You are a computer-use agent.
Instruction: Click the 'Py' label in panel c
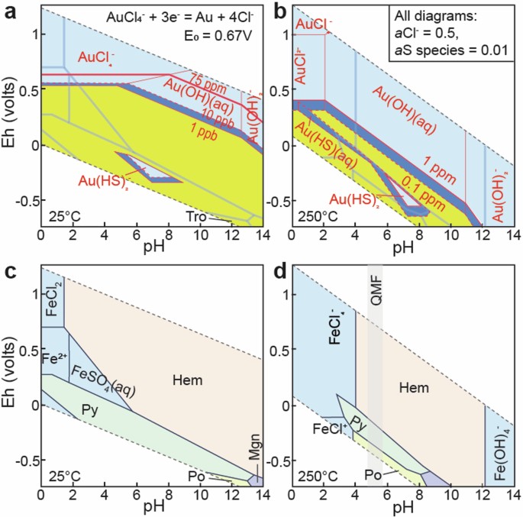(89, 410)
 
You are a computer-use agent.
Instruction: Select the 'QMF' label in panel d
(374, 292)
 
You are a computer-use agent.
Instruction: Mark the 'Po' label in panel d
(374, 475)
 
